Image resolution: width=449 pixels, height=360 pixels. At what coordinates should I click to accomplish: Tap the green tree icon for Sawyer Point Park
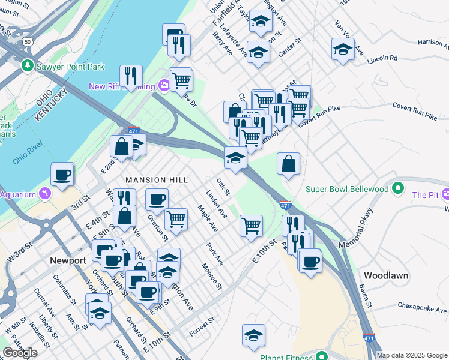click(27, 65)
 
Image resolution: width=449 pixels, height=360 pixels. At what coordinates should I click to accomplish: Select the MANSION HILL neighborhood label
click(157, 179)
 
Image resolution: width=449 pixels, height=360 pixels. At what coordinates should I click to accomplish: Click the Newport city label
click(68, 260)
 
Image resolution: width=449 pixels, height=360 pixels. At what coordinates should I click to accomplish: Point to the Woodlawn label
click(386, 275)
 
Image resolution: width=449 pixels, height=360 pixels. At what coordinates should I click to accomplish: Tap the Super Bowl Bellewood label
click(347, 190)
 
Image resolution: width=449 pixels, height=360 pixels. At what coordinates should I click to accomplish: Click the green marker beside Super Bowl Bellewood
click(397, 190)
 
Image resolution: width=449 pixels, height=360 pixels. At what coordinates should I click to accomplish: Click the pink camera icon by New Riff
click(163, 86)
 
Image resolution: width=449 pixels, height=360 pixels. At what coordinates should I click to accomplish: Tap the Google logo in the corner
click(20, 353)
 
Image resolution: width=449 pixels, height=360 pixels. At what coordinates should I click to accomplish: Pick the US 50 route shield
click(28, 42)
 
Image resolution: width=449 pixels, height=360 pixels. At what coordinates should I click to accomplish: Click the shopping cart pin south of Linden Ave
click(251, 226)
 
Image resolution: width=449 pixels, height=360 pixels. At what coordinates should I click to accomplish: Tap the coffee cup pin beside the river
click(62, 175)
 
